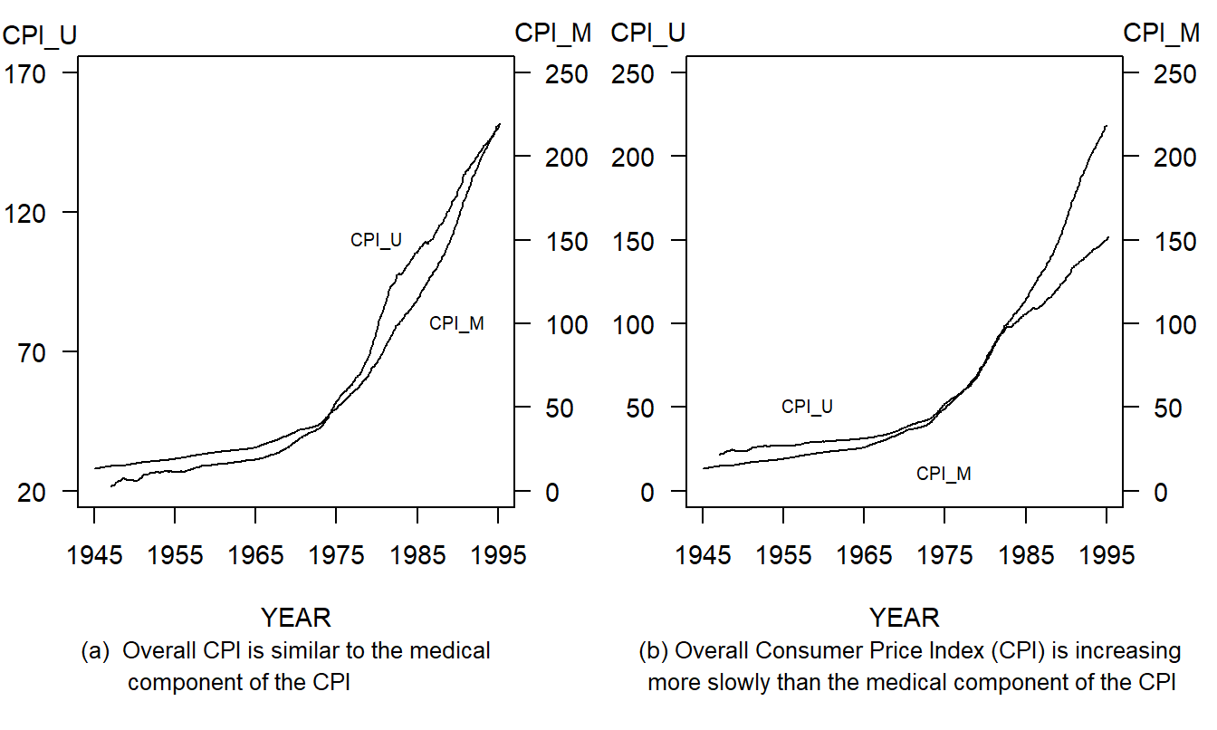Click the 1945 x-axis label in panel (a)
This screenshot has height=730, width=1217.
click(x=94, y=555)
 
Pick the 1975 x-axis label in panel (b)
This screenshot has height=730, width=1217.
click(x=944, y=555)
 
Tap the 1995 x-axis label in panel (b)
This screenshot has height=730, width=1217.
click(x=1107, y=555)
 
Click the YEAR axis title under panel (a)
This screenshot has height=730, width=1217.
click(x=296, y=618)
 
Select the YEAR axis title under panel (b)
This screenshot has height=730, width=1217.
click(x=905, y=618)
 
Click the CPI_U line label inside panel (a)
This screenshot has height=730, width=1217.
click(x=376, y=240)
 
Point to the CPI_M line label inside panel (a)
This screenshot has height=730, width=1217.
click(x=456, y=323)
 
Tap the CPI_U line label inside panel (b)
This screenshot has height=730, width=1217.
click(x=807, y=407)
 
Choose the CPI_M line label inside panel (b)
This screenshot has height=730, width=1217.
click(x=944, y=473)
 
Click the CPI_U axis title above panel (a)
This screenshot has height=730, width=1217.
click(x=40, y=34)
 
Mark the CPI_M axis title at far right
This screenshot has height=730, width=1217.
click(x=1161, y=33)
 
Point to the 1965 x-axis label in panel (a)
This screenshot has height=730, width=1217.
click(x=255, y=555)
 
